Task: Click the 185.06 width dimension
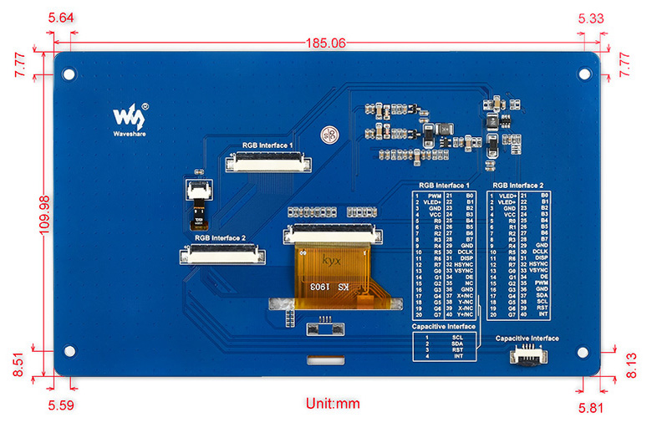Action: [x=326, y=43]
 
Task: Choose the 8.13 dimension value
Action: [x=632, y=364]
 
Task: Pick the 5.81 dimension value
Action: [x=591, y=408]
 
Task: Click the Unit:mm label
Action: [x=332, y=404]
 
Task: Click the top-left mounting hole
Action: [x=69, y=73]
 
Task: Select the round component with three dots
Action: [x=330, y=134]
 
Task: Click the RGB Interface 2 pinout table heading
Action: [x=518, y=186]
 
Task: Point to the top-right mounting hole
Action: [x=584, y=73]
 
